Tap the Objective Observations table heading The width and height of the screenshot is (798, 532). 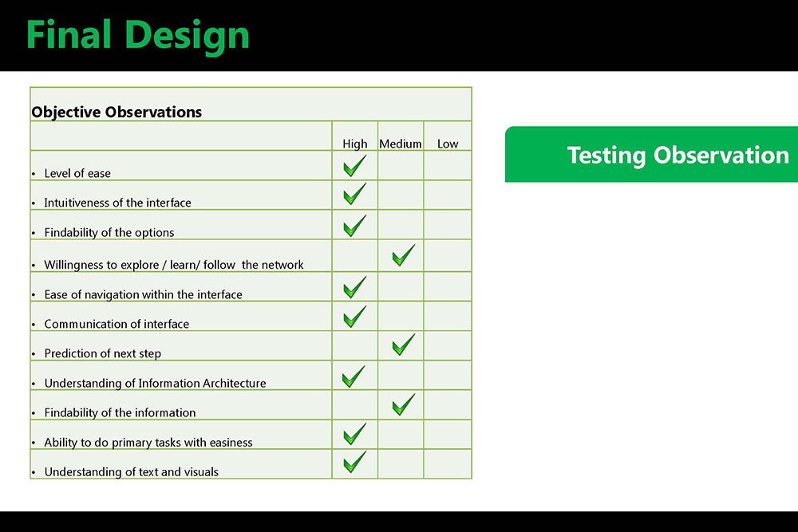117,112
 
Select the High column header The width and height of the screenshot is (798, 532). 355,144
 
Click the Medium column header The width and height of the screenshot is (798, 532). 401,144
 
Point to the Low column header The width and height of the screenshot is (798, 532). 448,144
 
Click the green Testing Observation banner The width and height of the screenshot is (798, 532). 651,154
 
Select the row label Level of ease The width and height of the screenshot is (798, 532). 77,173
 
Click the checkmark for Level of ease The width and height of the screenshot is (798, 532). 355,166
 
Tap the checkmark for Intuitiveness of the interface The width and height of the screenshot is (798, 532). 355,194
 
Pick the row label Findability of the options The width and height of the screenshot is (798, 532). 109,232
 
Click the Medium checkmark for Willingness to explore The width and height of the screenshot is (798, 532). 404,255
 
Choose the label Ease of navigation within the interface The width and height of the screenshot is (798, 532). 143,294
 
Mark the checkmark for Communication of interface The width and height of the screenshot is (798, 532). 355,317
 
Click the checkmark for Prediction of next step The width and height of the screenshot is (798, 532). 404,345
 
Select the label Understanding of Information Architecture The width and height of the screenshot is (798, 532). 156,383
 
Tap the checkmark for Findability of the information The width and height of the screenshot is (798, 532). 404,404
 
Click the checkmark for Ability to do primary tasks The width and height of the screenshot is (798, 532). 355,434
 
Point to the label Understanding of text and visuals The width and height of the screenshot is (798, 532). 132,472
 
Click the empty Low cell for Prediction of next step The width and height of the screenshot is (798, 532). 448,346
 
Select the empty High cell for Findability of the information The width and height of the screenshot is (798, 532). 355,405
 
